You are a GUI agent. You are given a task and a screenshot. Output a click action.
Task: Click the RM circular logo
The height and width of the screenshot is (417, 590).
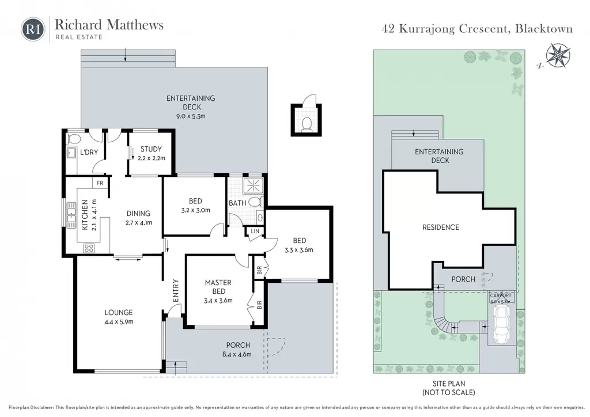[x=33, y=29]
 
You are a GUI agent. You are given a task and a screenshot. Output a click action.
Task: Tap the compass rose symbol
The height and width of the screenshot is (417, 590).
[x=558, y=56]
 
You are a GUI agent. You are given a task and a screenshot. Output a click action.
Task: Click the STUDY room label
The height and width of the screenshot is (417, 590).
[x=151, y=149]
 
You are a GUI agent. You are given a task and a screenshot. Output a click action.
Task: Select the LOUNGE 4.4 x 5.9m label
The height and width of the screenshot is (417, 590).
[x=119, y=317]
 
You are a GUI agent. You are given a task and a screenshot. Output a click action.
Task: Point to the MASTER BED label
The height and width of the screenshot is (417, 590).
[x=218, y=287]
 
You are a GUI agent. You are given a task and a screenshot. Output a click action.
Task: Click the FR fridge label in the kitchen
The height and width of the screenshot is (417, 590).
[x=100, y=183]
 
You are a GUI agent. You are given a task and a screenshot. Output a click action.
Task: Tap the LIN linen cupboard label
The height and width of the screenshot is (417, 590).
[x=255, y=231]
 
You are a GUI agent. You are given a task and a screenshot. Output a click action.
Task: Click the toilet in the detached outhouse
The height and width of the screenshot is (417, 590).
[x=307, y=124]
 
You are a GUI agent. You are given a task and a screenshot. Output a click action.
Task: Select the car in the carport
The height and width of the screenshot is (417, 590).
[x=501, y=324]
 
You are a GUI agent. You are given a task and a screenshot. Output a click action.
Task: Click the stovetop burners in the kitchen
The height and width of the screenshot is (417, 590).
[x=89, y=248]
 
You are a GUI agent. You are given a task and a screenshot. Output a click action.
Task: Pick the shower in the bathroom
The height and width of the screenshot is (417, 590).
[x=253, y=186]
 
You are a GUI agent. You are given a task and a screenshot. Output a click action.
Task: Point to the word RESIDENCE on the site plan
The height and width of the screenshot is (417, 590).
[x=441, y=228]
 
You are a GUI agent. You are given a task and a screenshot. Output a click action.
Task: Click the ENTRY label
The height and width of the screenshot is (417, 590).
[x=176, y=291]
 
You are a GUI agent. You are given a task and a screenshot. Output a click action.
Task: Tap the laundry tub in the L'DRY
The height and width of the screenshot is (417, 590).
[x=71, y=153]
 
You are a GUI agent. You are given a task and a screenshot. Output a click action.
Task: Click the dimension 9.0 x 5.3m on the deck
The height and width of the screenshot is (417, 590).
[x=191, y=116]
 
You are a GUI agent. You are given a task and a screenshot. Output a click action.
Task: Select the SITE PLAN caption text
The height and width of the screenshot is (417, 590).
[x=448, y=384]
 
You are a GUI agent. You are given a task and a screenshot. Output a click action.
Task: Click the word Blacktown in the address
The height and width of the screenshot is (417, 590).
[x=544, y=29]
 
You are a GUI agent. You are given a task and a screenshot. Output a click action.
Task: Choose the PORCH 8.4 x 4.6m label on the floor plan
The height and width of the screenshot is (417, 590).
[x=237, y=350]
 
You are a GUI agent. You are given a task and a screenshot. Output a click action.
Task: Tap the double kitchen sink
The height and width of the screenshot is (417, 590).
[x=71, y=215]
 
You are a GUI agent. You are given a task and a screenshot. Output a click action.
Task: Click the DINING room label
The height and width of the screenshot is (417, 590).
[x=138, y=214]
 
